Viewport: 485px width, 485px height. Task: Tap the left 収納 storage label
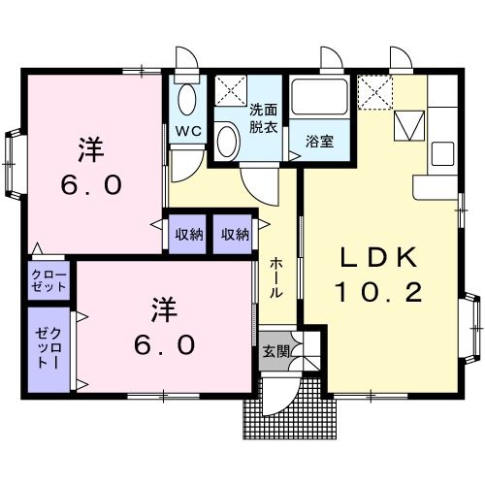(189, 234)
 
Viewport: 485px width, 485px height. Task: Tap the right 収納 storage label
(234, 234)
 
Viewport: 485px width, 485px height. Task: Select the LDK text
(378, 257)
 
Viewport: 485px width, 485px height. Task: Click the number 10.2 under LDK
(378, 293)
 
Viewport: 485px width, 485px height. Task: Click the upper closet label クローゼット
(48, 281)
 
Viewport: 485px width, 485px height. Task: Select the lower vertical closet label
(48, 347)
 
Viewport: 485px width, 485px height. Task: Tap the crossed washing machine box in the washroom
(229, 89)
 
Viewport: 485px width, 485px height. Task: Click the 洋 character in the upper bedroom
(90, 148)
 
